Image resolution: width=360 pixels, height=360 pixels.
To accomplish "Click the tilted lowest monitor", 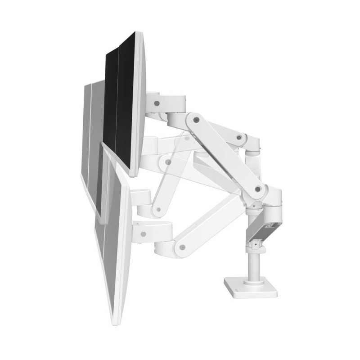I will [115, 234].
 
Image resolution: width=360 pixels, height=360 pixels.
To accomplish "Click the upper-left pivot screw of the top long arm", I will [196, 120].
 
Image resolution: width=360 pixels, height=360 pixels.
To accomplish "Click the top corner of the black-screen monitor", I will [135, 32].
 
